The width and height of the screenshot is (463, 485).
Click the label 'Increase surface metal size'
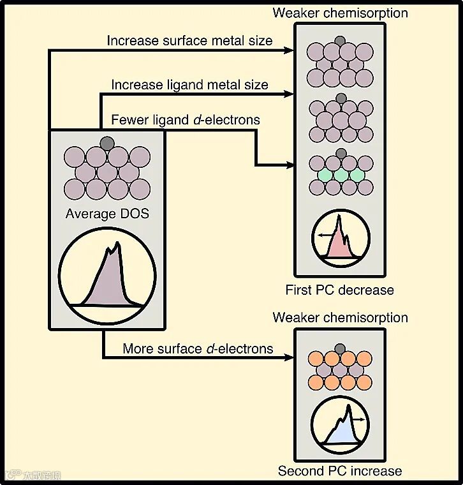tap(189, 41)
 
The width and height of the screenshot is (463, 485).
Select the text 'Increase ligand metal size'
tap(189, 84)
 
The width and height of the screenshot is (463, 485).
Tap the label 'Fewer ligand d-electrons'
tap(185, 119)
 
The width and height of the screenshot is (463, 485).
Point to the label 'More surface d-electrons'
tap(198, 348)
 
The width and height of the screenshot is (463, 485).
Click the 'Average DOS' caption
tap(107, 214)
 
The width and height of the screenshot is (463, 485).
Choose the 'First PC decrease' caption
tap(340, 290)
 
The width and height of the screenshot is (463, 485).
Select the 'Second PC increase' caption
tap(340, 472)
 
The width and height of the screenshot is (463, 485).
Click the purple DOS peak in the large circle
tap(108, 281)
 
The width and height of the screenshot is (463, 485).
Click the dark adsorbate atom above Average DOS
tap(107, 142)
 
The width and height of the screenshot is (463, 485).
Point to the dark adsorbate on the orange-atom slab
tap(341, 348)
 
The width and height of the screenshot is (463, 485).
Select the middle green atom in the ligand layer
tap(341, 174)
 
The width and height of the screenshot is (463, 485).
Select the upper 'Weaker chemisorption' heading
tap(340, 13)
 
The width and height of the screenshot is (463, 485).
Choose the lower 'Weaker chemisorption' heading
tap(340, 318)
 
